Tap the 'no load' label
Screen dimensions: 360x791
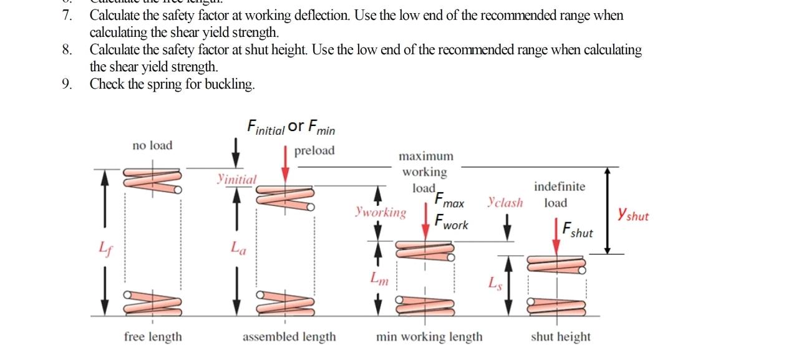(152, 145)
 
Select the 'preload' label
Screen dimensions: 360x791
(314, 150)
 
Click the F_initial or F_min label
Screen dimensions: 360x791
(291, 127)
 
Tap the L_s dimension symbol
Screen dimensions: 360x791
(494, 283)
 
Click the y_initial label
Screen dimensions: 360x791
(236, 179)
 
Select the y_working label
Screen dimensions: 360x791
(380, 212)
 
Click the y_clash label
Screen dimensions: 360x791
(505, 202)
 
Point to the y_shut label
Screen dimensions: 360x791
(633, 215)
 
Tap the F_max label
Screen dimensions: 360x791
(449, 201)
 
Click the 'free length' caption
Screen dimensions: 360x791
(153, 337)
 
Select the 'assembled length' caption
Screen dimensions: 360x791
(289, 337)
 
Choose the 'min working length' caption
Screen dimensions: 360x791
(429, 337)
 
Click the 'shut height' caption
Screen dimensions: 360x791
(560, 337)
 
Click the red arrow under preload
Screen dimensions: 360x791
(285, 165)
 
